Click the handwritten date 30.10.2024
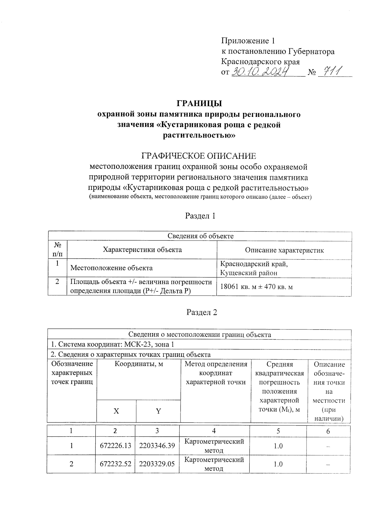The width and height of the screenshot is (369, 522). tap(261, 72)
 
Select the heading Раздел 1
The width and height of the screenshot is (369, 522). tap(200, 216)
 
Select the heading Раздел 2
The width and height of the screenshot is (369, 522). tap(202, 312)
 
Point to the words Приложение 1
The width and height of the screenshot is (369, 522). tap(248, 41)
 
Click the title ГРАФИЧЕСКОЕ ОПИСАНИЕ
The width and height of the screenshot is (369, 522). tap(198, 156)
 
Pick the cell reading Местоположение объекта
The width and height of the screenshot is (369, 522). tap(111, 268)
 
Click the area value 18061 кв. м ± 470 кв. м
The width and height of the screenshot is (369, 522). tap(256, 287)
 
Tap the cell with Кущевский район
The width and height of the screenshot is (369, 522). tap(249, 273)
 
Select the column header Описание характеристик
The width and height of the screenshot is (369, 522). tap(284, 250)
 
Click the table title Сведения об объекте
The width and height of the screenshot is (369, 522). tap(200, 236)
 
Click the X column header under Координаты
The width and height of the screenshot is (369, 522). tap(116, 411)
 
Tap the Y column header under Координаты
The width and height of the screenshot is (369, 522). tap(158, 411)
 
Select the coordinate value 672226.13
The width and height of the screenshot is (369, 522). tap(115, 446)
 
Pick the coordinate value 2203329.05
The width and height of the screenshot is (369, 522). tap(157, 464)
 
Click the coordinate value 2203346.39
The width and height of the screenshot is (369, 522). tap(157, 446)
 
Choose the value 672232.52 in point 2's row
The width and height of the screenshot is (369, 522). tap(115, 464)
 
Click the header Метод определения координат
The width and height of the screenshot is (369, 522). tap(216, 373)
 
